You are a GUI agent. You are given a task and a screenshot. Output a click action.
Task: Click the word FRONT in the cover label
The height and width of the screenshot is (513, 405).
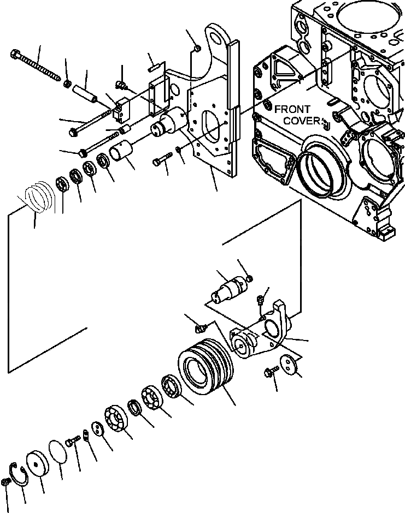point(292,109)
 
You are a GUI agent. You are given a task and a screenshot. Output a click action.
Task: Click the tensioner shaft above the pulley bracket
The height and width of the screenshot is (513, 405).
point(228,289)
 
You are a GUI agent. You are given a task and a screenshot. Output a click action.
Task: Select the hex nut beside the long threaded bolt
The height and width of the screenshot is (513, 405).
point(67,83)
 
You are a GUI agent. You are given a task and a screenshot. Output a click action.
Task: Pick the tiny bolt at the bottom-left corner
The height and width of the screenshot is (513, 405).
point(7,482)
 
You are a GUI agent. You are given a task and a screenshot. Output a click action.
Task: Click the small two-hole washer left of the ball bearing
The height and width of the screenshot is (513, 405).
point(98,430)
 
